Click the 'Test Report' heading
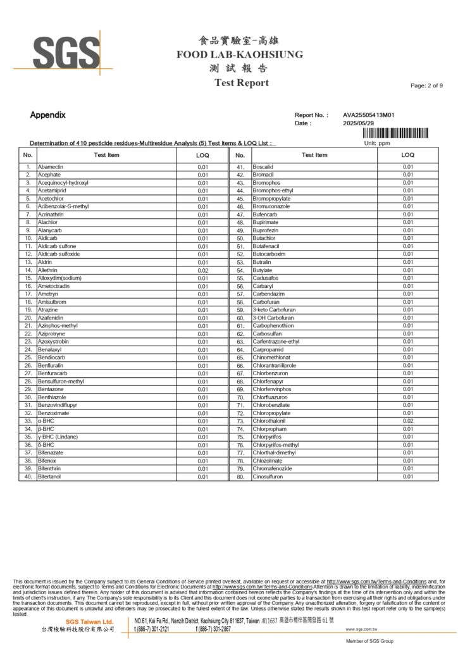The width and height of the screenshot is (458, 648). point(241,83)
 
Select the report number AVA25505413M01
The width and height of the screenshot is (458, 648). point(369,115)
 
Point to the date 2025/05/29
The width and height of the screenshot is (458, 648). point(359,123)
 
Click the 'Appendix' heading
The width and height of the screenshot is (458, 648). point(47,115)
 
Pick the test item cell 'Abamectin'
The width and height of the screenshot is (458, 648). point(50,167)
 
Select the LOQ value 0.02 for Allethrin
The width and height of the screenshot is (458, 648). point(202,270)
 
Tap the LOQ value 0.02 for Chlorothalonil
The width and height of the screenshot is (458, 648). point(408,421)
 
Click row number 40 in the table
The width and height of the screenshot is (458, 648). point(28,477)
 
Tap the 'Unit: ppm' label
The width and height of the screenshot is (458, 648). point(377,143)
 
